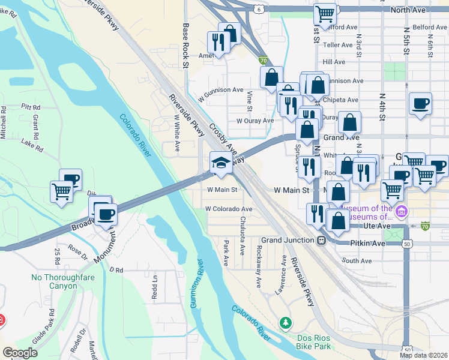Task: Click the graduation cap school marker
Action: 220,163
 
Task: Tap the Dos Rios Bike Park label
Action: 313,342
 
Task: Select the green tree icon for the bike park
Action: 286,323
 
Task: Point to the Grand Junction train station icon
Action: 322,240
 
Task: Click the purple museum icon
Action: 402,212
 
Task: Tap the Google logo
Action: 20,352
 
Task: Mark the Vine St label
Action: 249,101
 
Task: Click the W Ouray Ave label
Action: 255,120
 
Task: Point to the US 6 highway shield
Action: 258,10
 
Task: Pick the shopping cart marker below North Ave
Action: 325,13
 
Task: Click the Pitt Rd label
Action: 30,106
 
